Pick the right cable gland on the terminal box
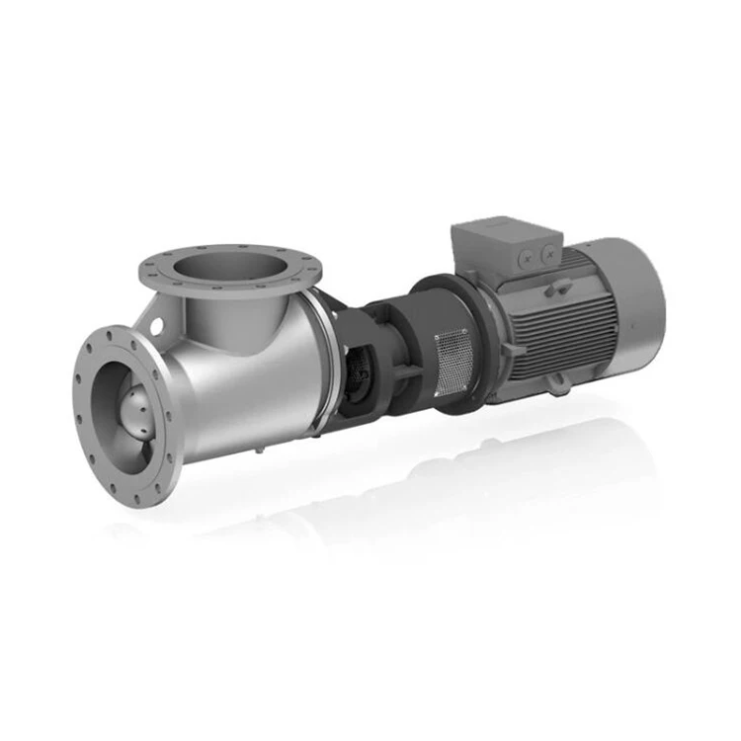coord(547,251)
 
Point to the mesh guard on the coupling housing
coord(452,358)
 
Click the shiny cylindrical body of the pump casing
coord(247,385)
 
